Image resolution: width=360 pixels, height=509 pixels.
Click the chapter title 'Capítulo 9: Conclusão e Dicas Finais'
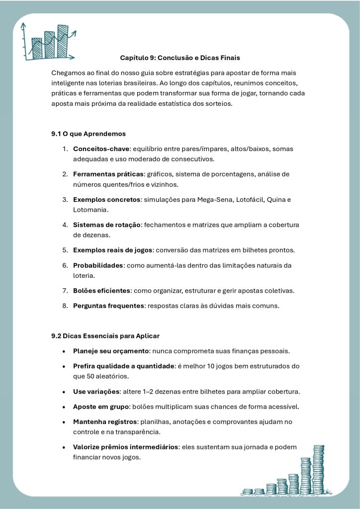180,58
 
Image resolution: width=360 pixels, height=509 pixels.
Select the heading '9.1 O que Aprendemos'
89,134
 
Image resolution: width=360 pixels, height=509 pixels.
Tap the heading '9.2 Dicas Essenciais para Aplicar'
105,336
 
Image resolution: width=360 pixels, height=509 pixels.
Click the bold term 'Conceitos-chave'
101,149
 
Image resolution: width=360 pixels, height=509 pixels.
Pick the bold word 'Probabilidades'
98,265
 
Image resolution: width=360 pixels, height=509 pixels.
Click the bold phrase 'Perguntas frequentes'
109,306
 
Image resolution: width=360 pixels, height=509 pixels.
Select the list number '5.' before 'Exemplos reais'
65,250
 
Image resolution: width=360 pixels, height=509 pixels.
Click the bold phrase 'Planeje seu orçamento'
111,351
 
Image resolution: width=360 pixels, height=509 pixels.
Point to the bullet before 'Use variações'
65,391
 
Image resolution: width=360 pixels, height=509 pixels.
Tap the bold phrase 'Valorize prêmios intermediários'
125,447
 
